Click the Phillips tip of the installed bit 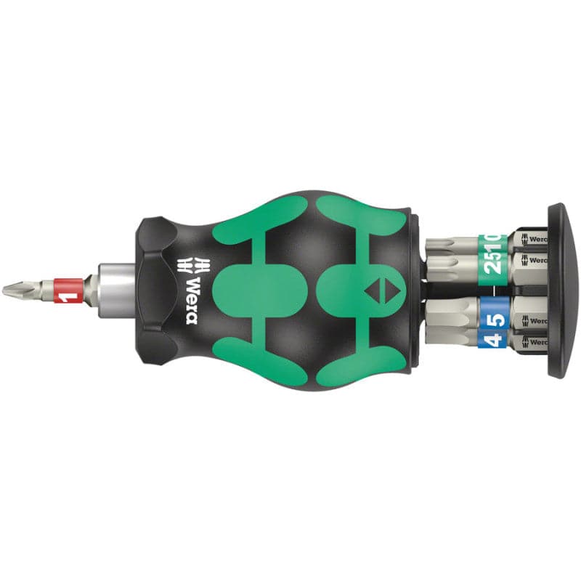(14, 290)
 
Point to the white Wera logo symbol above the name (191, 263)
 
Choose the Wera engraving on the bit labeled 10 (536, 237)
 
